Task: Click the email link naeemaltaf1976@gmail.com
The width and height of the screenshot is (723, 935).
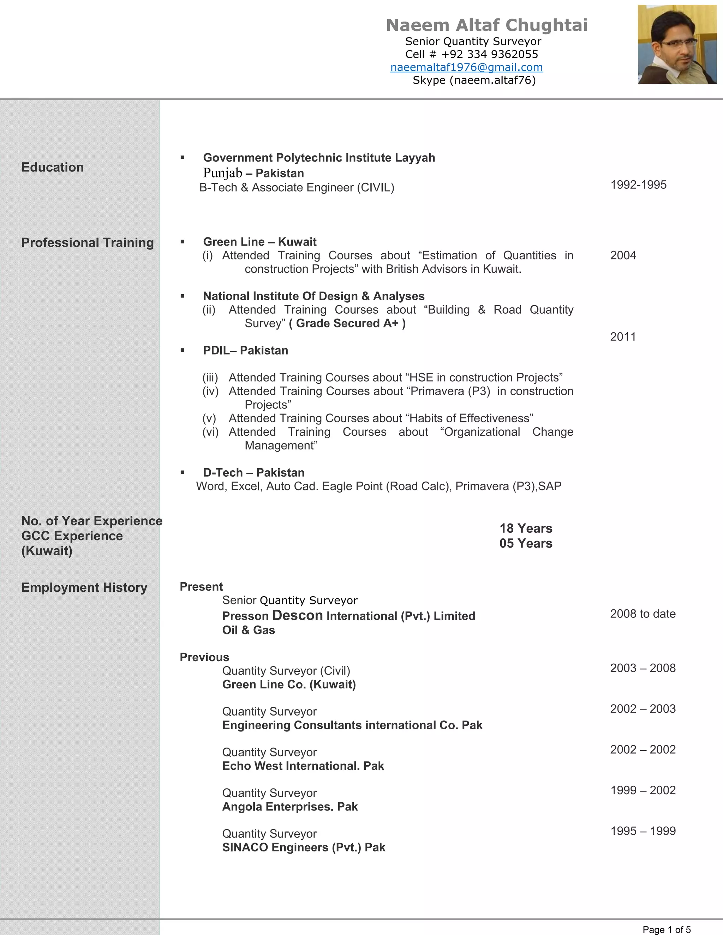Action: coord(466,67)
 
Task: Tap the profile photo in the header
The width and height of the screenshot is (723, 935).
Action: coord(677,44)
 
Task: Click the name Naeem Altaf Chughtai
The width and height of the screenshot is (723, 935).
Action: coord(486,25)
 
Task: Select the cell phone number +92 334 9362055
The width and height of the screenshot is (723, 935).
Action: coord(490,54)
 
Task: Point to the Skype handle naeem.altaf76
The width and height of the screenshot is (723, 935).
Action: coord(492,80)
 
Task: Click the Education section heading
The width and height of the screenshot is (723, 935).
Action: coord(53,167)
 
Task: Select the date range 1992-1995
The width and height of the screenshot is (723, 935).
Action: coord(638,185)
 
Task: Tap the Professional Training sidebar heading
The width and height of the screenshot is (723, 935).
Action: coord(88,243)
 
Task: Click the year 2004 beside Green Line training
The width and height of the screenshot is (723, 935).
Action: coord(623,255)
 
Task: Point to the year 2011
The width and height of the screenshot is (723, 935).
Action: coord(623,337)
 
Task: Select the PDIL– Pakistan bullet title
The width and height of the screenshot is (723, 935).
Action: coord(245,351)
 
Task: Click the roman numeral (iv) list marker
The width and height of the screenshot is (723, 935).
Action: coord(210,391)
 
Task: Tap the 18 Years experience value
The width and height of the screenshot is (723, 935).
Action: coord(526,528)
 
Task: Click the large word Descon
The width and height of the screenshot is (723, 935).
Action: coord(297,616)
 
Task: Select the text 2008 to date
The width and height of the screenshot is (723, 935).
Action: coord(643,614)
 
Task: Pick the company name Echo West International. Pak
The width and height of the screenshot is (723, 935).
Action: coord(303,766)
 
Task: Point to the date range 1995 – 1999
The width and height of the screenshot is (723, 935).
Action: coord(643,831)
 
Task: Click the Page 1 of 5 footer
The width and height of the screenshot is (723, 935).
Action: coord(667,929)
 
